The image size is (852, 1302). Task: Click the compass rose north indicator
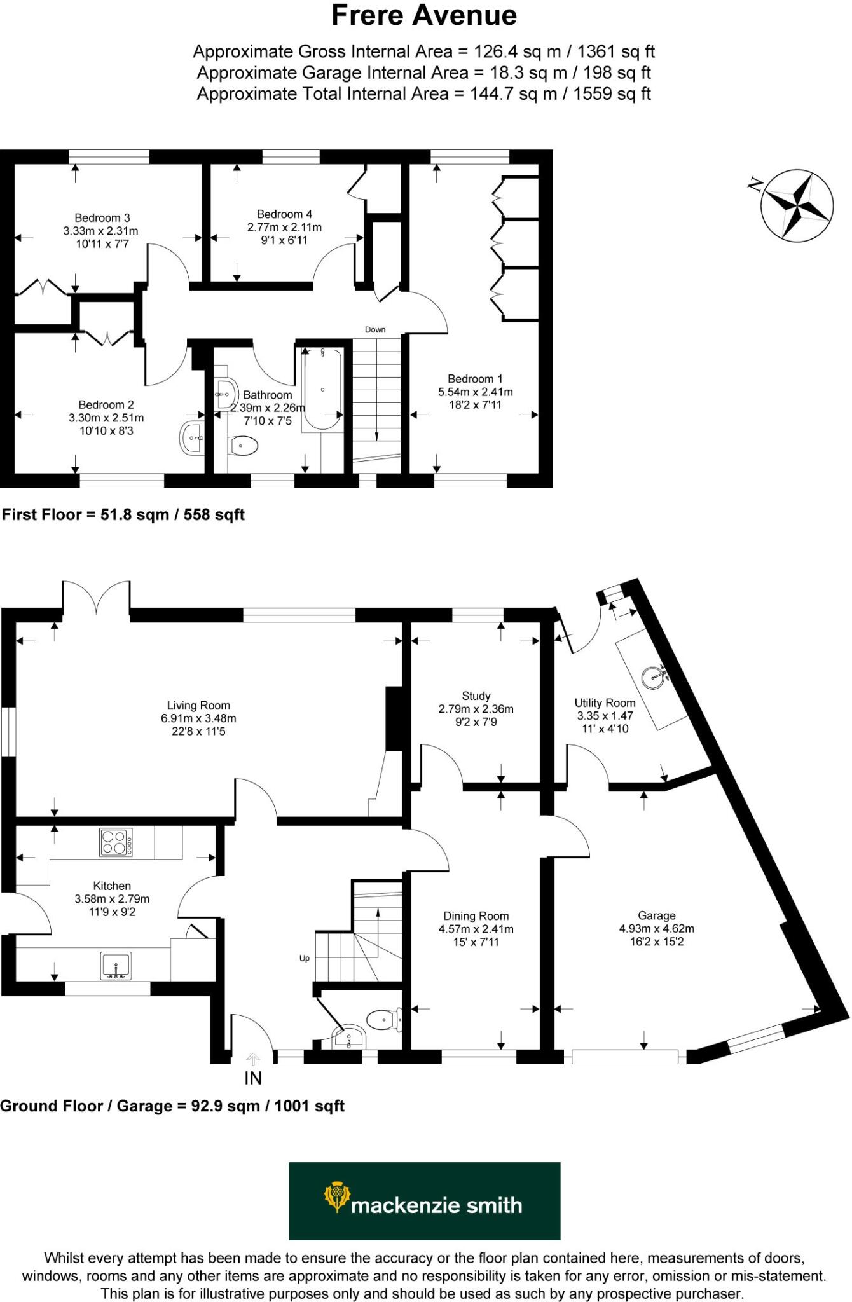point(797,205)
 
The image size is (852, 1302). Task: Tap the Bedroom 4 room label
point(284,214)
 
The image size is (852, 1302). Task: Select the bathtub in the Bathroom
point(322,388)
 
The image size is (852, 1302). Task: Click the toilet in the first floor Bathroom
point(243,446)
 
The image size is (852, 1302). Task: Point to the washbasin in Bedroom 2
point(192,438)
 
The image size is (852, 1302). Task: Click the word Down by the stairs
point(375,329)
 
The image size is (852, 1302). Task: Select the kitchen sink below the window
point(116,965)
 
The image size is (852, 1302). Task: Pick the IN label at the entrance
point(253,1078)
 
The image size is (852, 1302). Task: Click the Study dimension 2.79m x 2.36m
point(476,709)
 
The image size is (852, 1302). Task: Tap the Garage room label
point(656,915)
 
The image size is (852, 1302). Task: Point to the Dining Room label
point(476,916)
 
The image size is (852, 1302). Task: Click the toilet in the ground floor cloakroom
point(383,1020)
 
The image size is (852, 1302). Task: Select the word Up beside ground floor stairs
point(305,958)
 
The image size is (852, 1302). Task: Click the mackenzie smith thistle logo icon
point(336,1196)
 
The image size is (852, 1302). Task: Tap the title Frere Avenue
point(424,16)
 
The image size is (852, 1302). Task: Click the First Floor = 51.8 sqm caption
point(123,514)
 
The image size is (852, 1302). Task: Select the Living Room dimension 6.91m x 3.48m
point(198,718)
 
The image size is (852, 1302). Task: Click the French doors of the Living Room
point(97,598)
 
